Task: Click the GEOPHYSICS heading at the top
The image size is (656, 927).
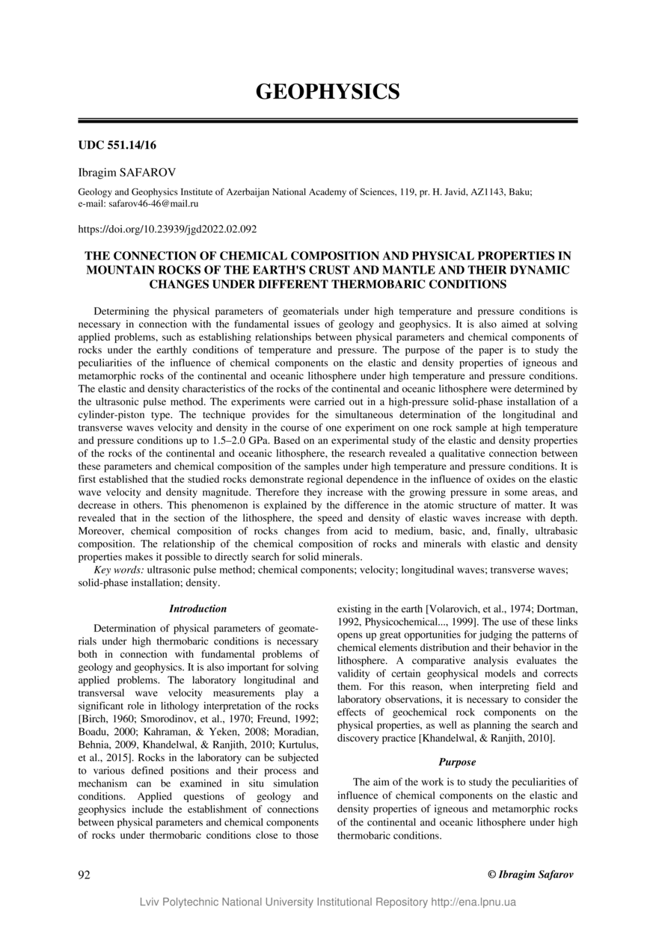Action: coord(328,92)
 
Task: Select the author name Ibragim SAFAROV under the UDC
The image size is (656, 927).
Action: coord(127,173)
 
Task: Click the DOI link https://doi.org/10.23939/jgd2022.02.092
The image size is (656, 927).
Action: coord(168,229)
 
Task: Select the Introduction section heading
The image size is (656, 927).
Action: coord(197,609)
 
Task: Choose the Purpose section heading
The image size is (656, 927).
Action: coord(457,763)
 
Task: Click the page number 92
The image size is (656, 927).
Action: coord(85,875)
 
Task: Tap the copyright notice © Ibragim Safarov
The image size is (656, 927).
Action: coord(530,875)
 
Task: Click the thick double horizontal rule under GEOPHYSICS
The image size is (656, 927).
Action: coord(328,120)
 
